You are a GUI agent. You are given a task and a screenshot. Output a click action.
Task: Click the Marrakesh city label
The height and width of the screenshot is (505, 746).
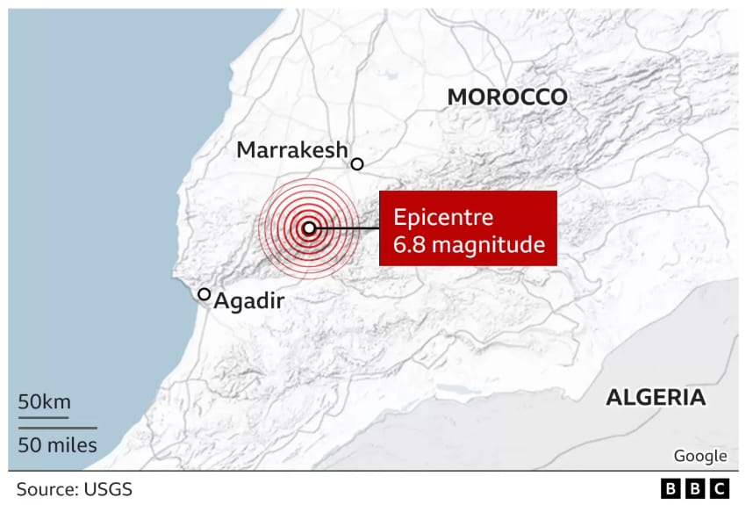292,150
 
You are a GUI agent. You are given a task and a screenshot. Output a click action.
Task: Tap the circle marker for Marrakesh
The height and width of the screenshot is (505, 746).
357,163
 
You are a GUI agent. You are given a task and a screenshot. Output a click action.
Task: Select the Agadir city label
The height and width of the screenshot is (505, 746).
250,302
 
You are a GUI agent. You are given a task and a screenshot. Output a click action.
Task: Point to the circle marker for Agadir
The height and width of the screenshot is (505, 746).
204,295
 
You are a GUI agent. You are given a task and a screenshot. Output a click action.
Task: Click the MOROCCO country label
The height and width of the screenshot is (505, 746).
507,97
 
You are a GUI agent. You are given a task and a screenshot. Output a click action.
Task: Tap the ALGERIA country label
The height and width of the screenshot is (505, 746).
656,397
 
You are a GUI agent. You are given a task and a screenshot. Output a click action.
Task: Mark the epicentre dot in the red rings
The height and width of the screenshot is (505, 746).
308,228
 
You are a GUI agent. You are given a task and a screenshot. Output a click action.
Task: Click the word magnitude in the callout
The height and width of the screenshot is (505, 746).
486,246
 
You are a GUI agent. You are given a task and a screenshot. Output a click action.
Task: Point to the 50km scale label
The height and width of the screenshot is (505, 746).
44,402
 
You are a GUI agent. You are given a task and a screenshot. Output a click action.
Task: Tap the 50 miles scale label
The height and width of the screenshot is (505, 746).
58,444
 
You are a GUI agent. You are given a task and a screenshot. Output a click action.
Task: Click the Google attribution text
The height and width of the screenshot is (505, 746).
699,456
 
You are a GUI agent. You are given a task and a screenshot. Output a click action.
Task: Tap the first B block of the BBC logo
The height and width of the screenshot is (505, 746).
671,488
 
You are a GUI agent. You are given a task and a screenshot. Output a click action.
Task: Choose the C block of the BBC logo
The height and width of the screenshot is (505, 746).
719,488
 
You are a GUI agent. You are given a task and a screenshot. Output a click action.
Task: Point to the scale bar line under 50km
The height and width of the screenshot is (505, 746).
45,416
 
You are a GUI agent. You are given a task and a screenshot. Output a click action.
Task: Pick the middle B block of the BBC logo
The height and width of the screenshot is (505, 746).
695,488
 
